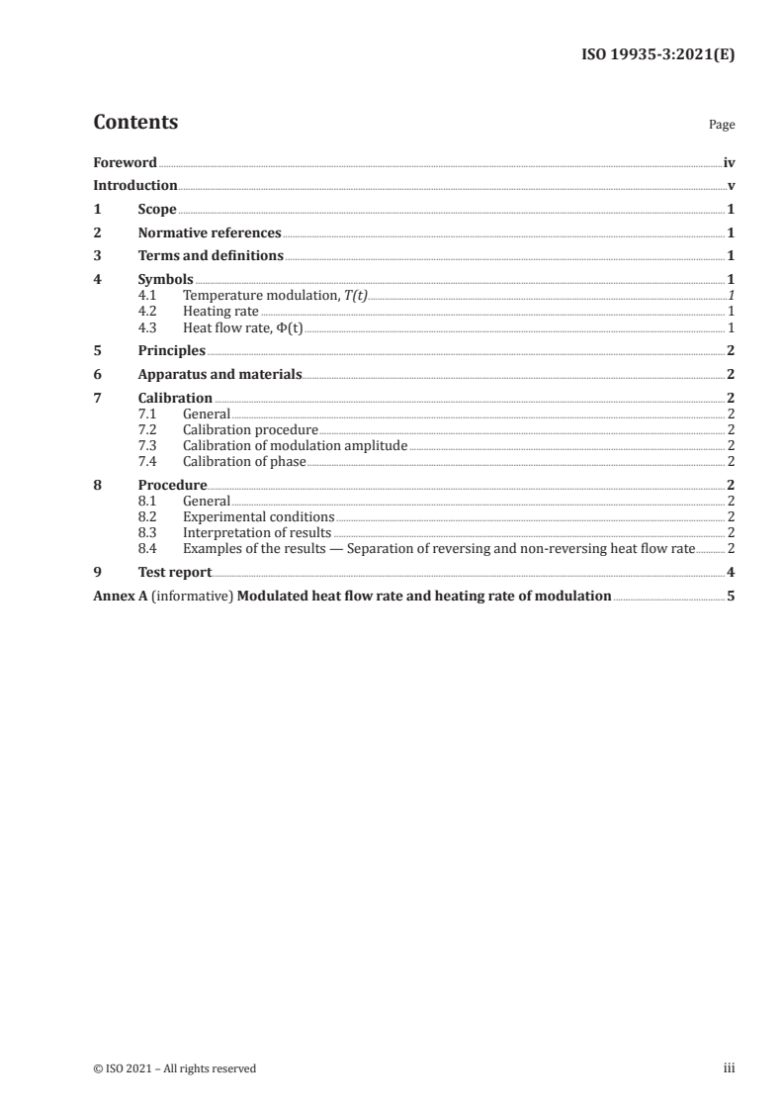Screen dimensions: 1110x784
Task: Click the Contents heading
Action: coord(135,123)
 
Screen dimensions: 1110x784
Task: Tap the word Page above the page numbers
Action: coord(722,126)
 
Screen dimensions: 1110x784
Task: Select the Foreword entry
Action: coord(125,162)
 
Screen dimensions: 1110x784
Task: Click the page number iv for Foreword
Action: coord(729,162)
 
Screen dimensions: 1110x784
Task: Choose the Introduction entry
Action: coord(135,186)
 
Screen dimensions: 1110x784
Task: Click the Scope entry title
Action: coord(157,210)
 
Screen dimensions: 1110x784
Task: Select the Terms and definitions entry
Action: coord(211,256)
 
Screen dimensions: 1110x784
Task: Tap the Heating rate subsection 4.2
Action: coord(220,312)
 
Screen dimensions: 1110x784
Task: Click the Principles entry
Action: coord(172,350)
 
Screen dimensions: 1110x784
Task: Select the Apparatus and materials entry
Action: coord(219,374)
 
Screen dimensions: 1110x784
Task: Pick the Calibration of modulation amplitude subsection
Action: coord(295,446)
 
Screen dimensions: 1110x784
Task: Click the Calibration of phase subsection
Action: coord(244,462)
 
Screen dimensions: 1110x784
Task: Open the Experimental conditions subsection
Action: coord(258,516)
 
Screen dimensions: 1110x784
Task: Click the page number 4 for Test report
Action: coord(731,572)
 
